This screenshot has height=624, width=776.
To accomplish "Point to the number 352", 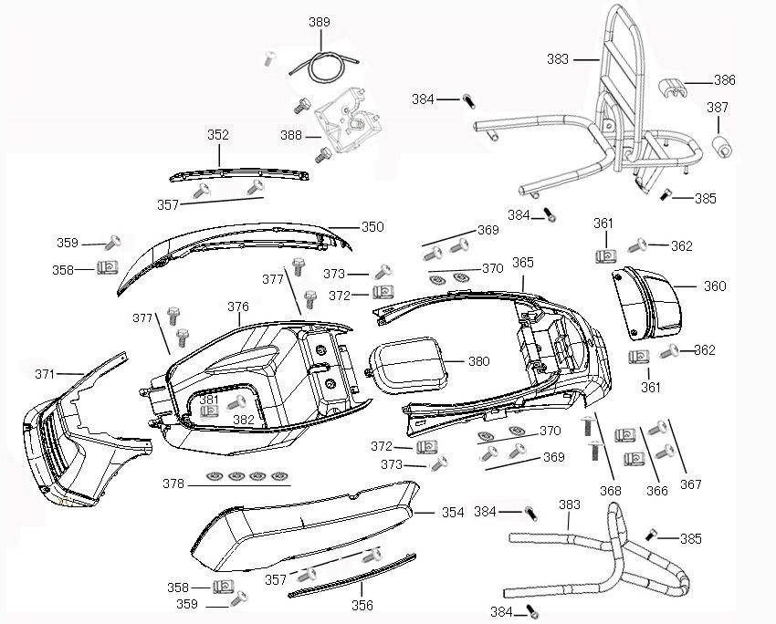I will point(218,135).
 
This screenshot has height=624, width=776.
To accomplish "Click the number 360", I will point(715,286).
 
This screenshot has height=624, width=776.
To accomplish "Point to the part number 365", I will point(522,263).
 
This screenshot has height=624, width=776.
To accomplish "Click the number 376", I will point(238,307).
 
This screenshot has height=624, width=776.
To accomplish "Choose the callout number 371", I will point(45,374).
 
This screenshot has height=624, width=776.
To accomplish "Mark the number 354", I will point(453,513).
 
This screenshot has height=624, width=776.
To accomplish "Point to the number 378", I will point(174,483).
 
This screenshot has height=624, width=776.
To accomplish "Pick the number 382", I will point(244,420).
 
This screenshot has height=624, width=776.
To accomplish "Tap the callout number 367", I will point(692,484).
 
